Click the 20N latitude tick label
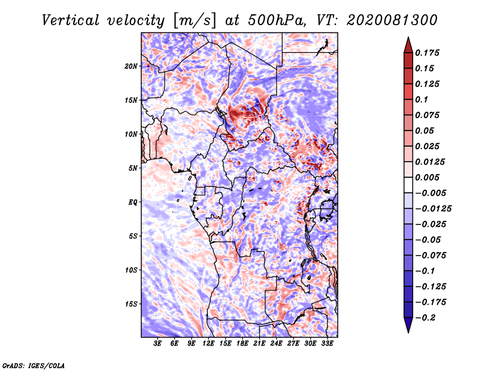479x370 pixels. (x=131, y=66)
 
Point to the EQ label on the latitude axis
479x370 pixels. (x=133, y=202)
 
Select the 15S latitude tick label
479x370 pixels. (x=131, y=304)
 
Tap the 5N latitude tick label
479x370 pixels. (x=133, y=168)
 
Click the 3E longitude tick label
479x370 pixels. (x=158, y=344)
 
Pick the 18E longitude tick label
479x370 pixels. (x=242, y=344)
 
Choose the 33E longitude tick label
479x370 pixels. (x=327, y=344)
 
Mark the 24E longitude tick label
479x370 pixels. (x=277, y=344)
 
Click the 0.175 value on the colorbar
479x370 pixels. (x=428, y=53)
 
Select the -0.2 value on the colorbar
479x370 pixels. (x=426, y=317)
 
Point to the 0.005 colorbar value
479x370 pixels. (x=428, y=177)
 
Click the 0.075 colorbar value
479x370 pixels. (x=428, y=115)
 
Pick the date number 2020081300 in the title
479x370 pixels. (x=387, y=20)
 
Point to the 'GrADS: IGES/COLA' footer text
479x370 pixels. (x=34, y=365)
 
